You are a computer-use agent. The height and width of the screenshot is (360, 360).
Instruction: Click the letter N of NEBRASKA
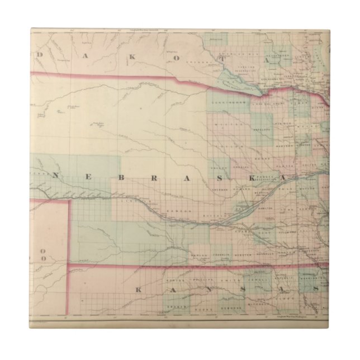coord(59,175)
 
